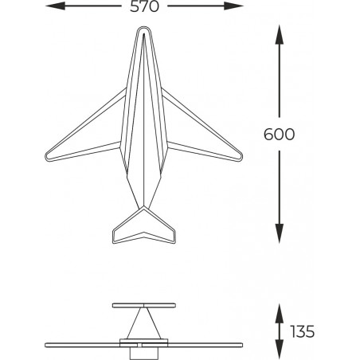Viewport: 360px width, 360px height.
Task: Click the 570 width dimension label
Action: [144, 6]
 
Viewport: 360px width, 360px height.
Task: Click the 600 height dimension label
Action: [279, 135]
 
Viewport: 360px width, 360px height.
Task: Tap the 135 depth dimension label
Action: [303, 331]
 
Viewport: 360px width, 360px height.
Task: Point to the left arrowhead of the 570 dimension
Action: [55, 6]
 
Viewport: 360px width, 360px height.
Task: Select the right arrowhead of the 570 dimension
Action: [233, 6]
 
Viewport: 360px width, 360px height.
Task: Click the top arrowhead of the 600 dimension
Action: [279, 34]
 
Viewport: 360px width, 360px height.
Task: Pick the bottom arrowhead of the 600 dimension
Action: [279, 233]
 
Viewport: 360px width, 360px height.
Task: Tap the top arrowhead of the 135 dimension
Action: [279, 314]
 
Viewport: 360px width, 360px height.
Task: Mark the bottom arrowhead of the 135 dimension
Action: [279, 349]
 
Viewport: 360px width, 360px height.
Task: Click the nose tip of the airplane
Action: [143, 27]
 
